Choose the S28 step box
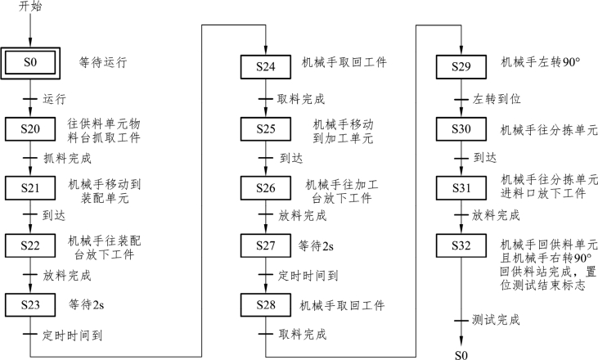(x=266, y=305)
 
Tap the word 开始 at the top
(x=29, y=7)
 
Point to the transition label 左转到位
(x=497, y=99)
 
